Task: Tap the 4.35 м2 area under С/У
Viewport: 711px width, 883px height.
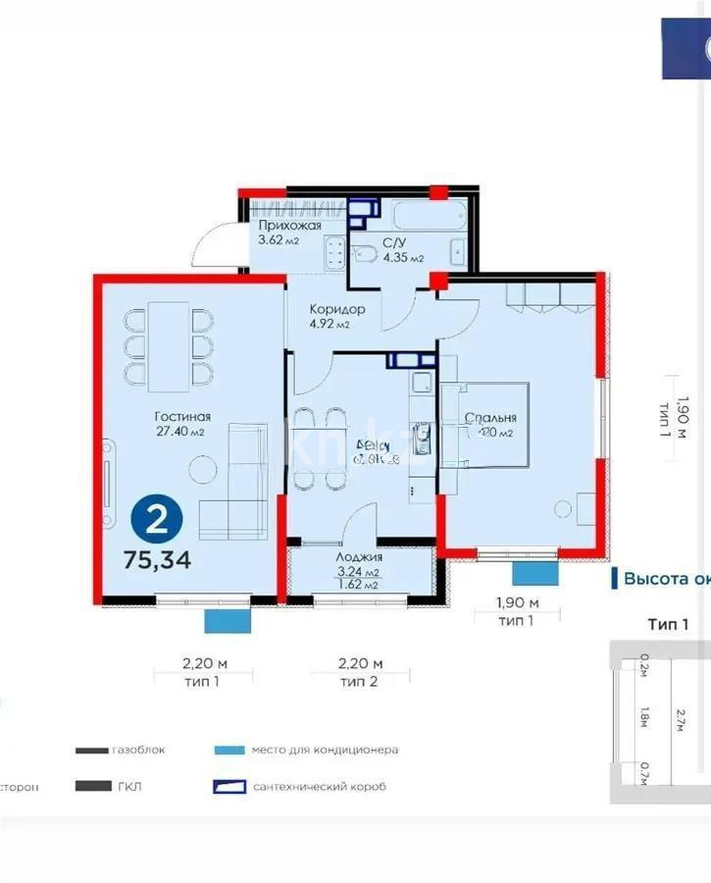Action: [x=403, y=258]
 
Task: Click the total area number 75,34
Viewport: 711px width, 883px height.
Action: [x=157, y=561]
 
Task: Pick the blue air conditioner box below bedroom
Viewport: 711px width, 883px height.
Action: [x=535, y=574]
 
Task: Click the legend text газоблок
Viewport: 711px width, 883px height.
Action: [x=137, y=750]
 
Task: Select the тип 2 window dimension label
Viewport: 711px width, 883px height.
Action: [x=358, y=680]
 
